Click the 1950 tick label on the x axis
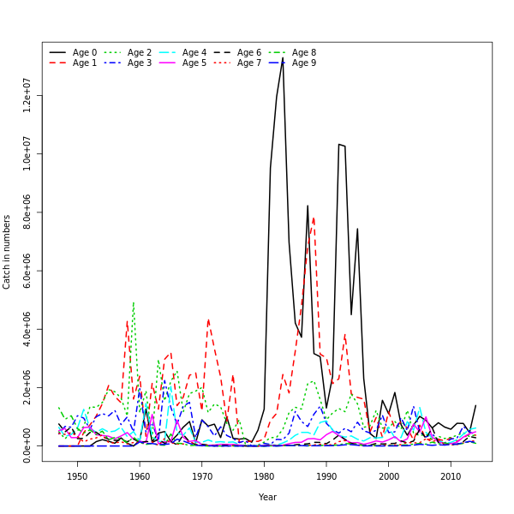coord(77,476)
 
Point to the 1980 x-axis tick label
coord(264,476)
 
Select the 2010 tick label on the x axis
coord(451,476)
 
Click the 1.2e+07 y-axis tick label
coord(27,95)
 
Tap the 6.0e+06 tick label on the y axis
coord(27,271)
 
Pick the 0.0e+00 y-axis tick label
coord(27,445)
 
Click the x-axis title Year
coord(267,497)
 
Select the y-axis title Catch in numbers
coord(8,252)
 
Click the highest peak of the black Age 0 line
coord(283,58)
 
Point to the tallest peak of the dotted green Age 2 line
coord(133,302)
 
